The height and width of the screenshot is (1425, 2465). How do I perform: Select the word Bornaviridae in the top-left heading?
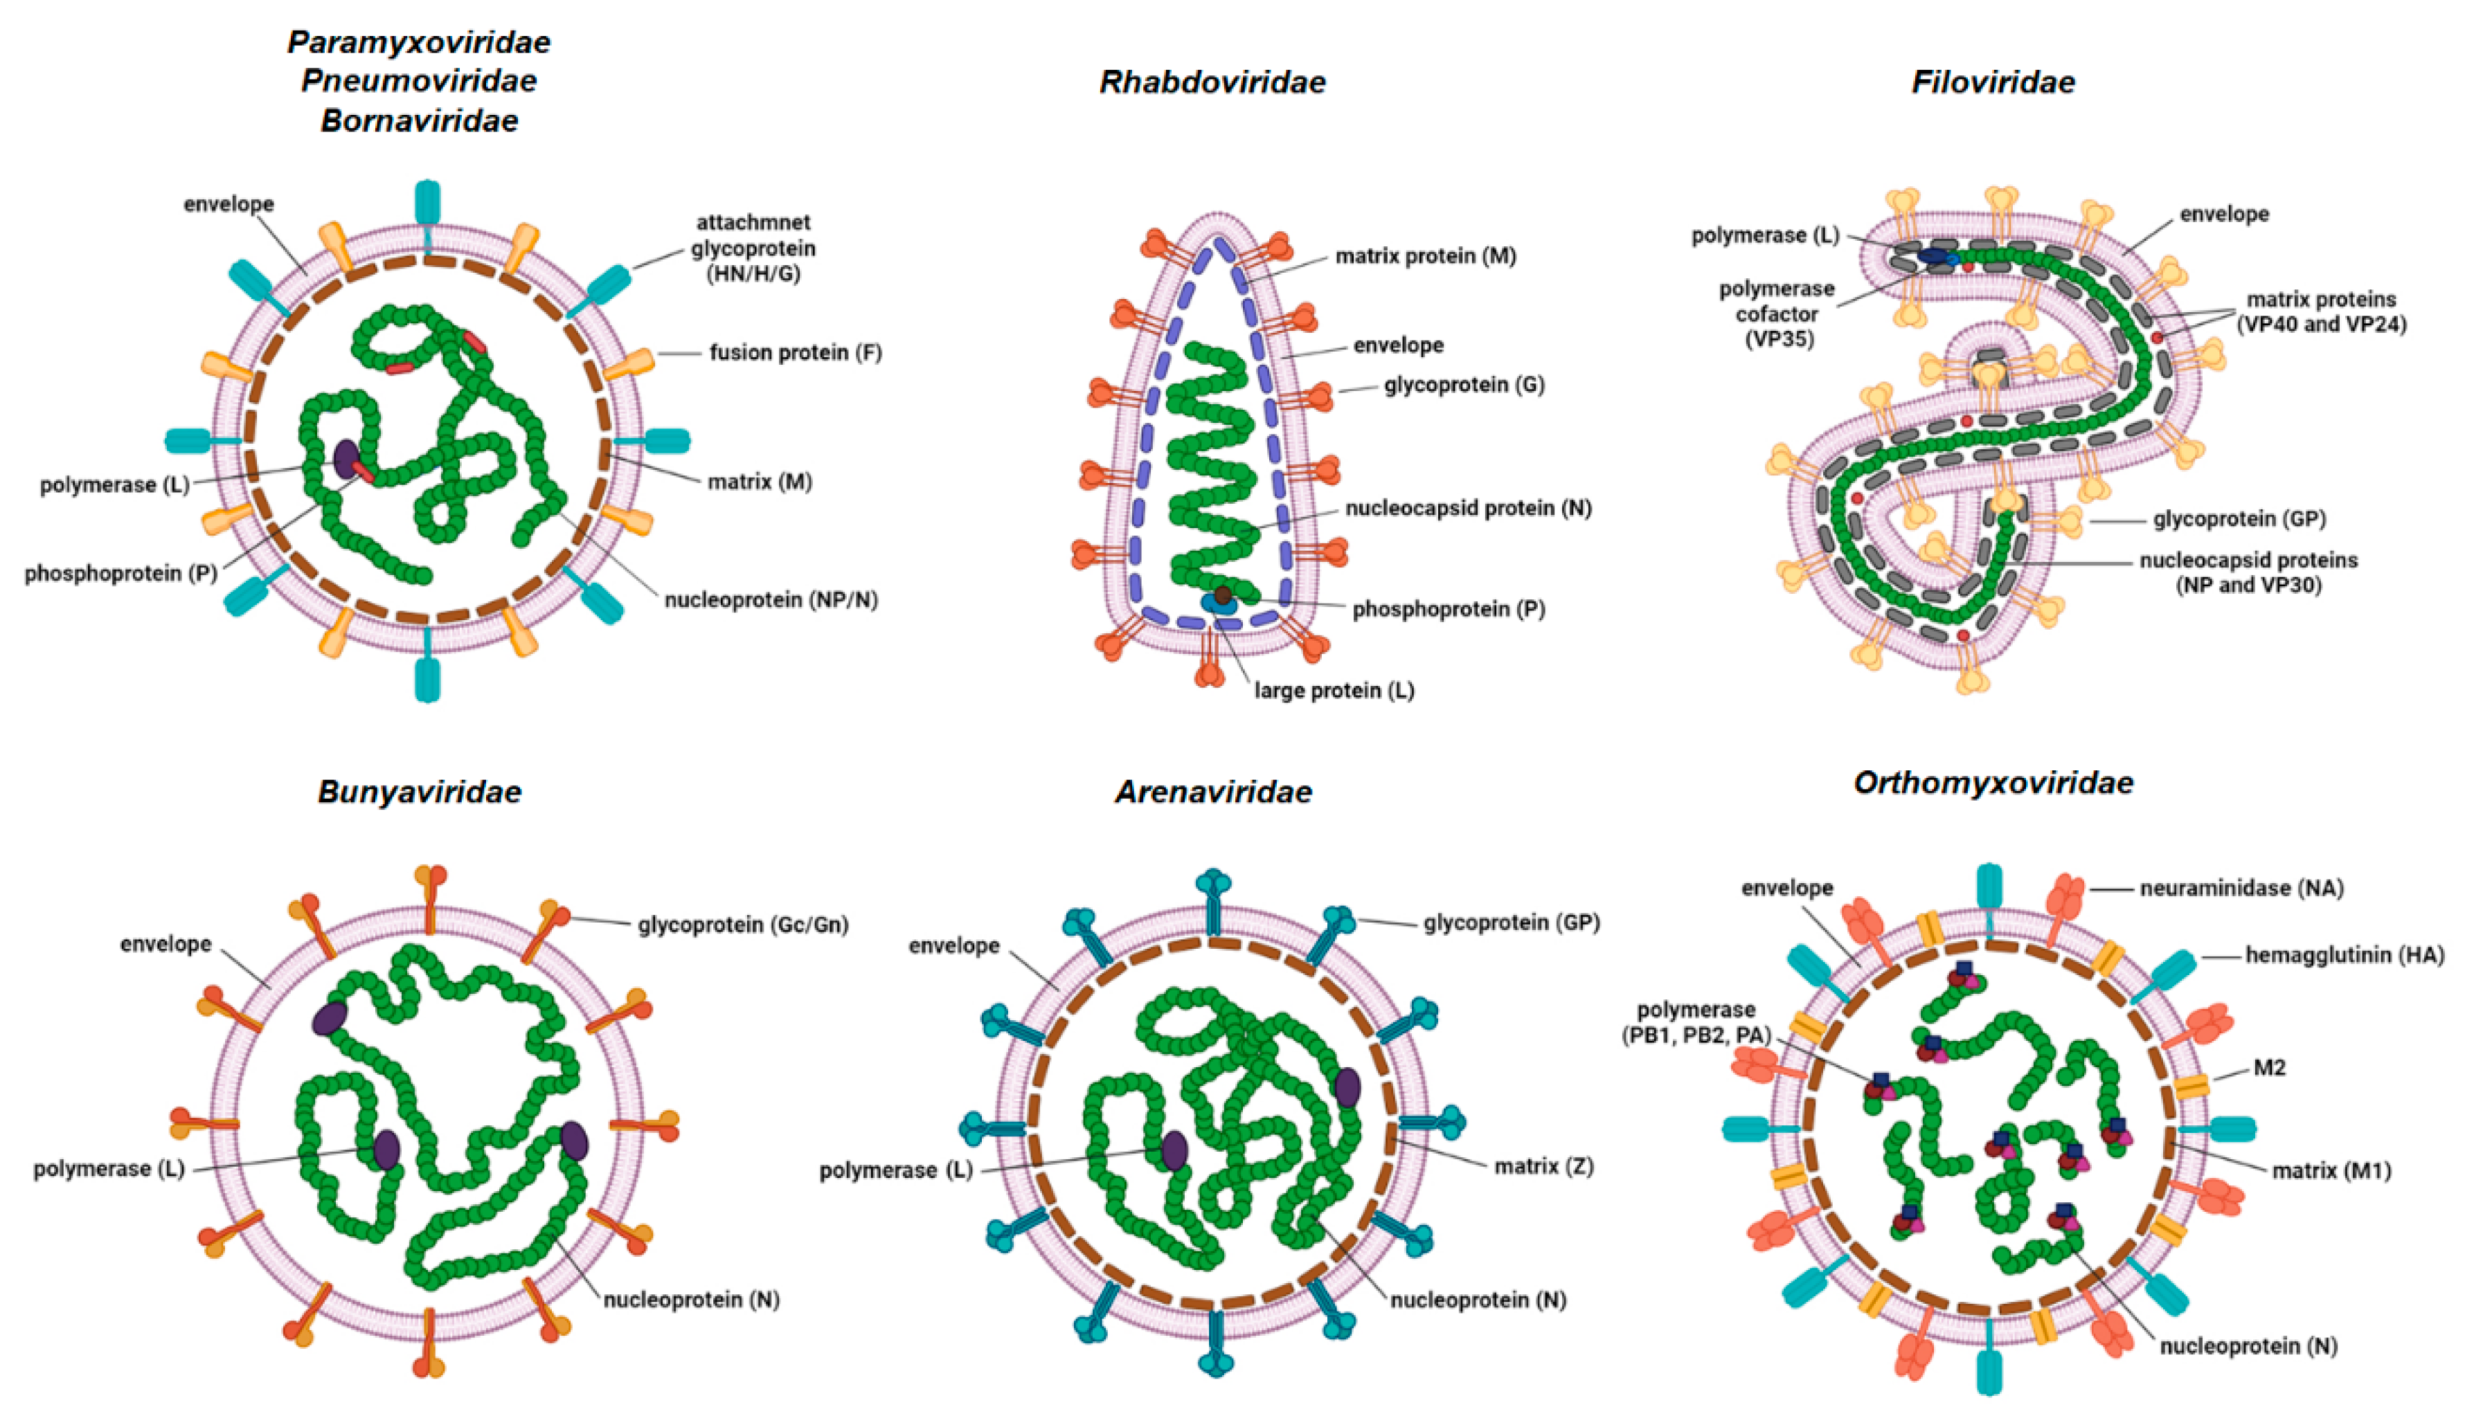coord(419,120)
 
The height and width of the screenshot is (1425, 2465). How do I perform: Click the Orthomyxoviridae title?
coord(1993,783)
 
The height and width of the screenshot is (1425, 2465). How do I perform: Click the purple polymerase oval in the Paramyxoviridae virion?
coord(346,457)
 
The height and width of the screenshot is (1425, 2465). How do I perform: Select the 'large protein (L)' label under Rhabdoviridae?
coord(1334,691)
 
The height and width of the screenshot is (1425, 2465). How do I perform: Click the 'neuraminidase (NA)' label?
coord(2241,888)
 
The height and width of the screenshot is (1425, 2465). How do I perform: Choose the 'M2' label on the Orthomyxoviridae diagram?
coord(2268,1067)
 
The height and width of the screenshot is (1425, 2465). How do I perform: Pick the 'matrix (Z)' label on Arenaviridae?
coord(1543,1166)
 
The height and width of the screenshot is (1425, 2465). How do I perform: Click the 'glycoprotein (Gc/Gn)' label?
coord(742,924)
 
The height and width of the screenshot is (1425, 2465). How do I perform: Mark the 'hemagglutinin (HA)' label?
coord(2344,954)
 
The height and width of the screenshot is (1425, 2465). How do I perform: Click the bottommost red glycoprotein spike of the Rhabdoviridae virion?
coord(1210,671)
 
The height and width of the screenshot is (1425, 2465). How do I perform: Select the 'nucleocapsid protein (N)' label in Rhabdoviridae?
coord(1467,509)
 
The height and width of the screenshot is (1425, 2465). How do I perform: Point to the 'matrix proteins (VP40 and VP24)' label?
coord(2320,312)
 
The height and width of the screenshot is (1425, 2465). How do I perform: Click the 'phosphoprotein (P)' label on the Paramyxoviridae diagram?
coord(120,573)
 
